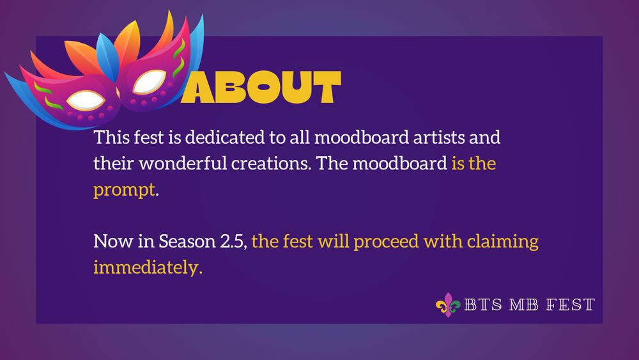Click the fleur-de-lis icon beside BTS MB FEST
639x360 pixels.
tap(447, 305)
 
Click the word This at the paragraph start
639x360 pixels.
tap(109, 137)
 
